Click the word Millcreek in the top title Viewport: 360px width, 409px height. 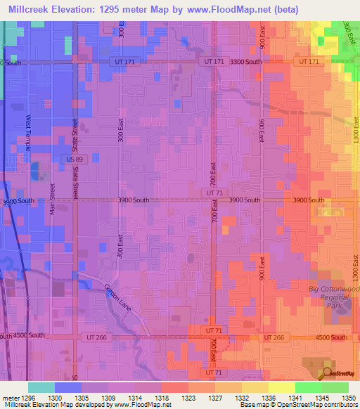pos(30,9)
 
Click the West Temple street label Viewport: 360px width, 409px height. pos(29,131)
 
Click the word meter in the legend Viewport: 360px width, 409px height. pos(12,398)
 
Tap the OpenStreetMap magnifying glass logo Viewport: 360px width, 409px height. pos(328,372)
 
